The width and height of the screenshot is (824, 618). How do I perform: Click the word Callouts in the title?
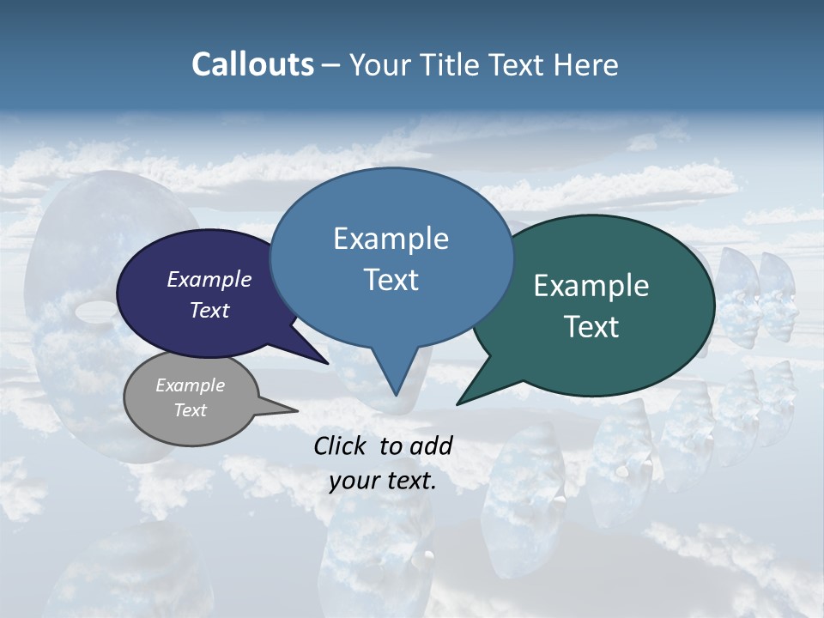click(x=252, y=65)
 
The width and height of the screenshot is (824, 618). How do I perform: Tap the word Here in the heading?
click(x=587, y=65)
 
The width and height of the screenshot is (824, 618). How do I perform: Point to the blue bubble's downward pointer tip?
click(x=396, y=395)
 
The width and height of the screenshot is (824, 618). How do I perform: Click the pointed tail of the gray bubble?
click(x=296, y=411)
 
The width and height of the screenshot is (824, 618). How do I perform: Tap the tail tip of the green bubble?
click(x=457, y=404)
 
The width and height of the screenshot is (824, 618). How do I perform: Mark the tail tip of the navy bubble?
click(x=329, y=364)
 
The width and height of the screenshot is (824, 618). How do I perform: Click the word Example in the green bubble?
click(x=591, y=286)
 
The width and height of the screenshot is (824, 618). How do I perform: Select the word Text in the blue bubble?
click(x=391, y=280)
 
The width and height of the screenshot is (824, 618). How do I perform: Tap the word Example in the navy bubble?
click(x=209, y=280)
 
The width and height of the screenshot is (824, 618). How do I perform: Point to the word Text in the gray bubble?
click(x=191, y=410)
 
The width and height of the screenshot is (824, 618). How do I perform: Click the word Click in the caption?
click(x=341, y=445)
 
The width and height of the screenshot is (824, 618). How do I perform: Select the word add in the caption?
click(x=431, y=445)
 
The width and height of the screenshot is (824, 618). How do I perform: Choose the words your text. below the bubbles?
click(x=383, y=481)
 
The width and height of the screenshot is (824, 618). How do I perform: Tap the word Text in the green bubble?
click(x=591, y=327)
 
